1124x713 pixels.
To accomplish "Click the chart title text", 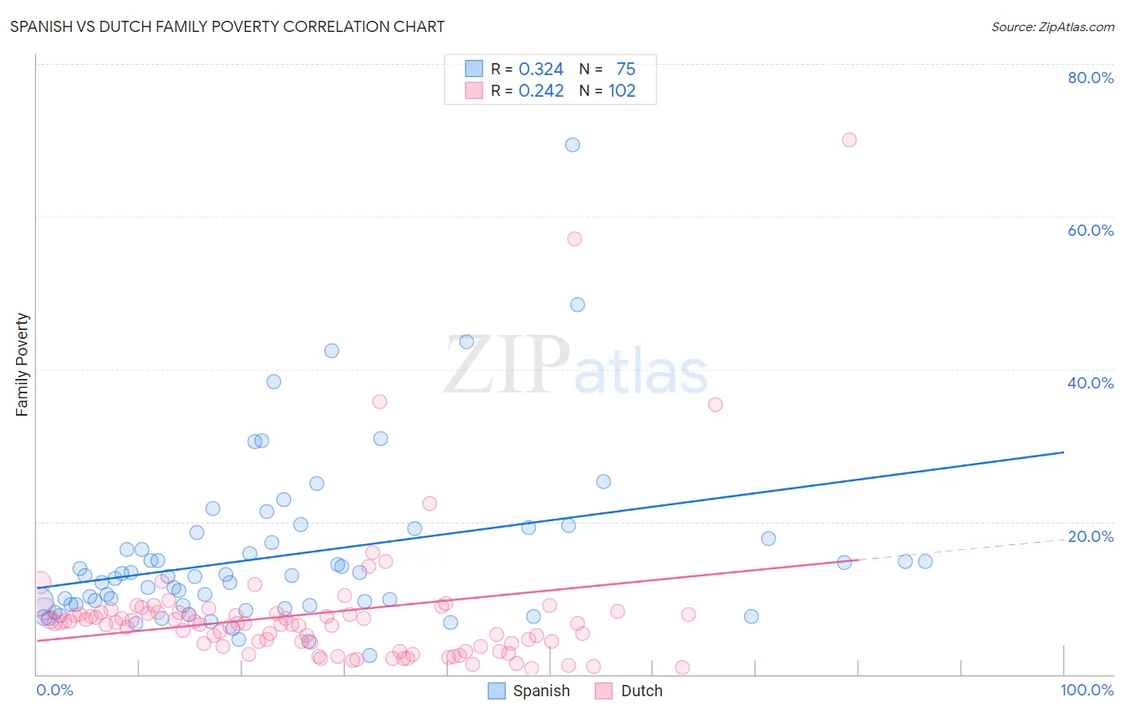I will (227, 26).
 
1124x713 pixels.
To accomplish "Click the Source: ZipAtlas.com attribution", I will (1052, 26).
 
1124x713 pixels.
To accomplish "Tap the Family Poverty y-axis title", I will (22, 364).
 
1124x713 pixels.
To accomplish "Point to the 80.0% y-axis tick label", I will (1090, 78).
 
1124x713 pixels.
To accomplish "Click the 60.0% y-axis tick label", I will (1090, 230).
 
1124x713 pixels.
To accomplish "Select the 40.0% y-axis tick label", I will (1090, 383).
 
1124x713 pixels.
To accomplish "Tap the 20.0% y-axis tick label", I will (1090, 536).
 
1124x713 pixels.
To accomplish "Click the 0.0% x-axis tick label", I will (54, 691).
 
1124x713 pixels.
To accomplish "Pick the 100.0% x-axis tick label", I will (1086, 691).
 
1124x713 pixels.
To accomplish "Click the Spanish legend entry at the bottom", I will (530, 691).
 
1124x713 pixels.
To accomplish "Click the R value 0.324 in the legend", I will (541, 70).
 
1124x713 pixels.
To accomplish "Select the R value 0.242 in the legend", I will (541, 91).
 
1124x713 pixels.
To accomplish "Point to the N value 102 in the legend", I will (622, 91).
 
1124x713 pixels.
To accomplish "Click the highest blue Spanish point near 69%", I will (572, 145).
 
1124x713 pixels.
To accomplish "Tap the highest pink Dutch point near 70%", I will (849, 140).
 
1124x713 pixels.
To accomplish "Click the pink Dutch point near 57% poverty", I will (574, 238).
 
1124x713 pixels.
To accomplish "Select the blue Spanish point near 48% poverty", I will (577, 305).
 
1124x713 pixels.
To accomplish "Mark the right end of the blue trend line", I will (1062, 452).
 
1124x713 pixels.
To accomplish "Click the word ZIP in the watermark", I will (507, 366).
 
